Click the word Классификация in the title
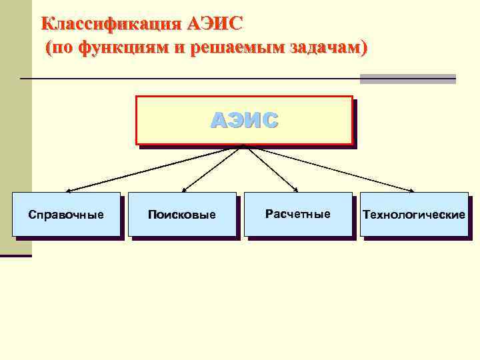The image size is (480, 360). [x=110, y=25]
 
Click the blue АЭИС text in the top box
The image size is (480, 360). [x=244, y=121]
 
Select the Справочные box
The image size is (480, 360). [x=66, y=215]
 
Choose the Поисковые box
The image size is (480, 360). [x=182, y=215]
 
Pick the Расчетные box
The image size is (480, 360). [x=298, y=214]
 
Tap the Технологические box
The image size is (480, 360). [x=414, y=215]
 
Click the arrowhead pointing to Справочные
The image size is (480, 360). [x=67, y=191]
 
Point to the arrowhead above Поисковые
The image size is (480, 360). [x=183, y=191]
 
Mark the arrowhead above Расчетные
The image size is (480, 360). [x=297, y=191]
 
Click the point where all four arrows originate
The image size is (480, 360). [x=243, y=145]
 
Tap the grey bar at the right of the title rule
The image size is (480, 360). [x=407, y=79]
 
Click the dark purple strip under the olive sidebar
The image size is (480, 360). [x=15, y=255]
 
